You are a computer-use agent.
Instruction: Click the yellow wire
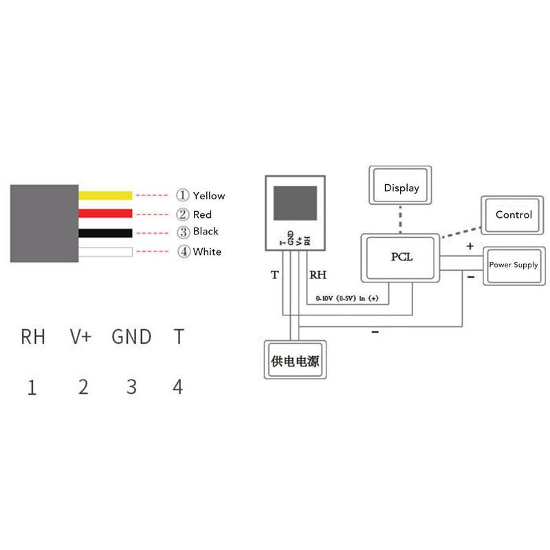pyautogui.click(x=105, y=195)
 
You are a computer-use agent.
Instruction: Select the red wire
pyautogui.click(x=105, y=214)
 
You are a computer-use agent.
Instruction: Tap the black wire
pyautogui.click(x=105, y=232)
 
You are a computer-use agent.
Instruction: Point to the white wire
pyautogui.click(x=105, y=252)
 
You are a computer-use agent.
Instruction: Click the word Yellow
pyautogui.click(x=208, y=196)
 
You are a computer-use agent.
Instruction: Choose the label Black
pyautogui.click(x=206, y=232)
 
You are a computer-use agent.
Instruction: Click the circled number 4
pyautogui.click(x=183, y=252)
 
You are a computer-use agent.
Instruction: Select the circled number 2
pyautogui.click(x=183, y=214)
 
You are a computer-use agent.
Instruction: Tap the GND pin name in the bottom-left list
pyautogui.click(x=131, y=337)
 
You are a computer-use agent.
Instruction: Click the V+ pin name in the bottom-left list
pyautogui.click(x=81, y=337)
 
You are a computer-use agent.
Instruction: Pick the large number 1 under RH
pyautogui.click(x=32, y=388)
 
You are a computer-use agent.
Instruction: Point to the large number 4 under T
pyautogui.click(x=178, y=387)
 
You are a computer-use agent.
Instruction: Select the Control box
pyautogui.click(x=514, y=215)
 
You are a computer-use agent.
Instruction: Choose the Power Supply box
pyautogui.click(x=514, y=265)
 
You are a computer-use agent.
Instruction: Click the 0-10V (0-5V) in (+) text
pyautogui.click(x=348, y=299)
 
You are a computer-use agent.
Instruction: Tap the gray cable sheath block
pyautogui.click(x=44, y=223)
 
